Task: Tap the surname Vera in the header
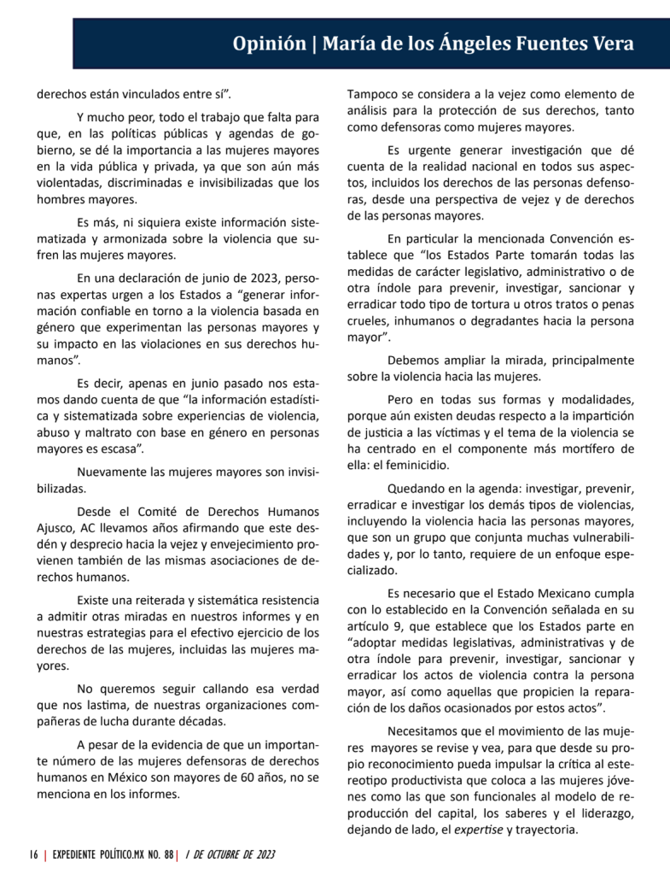click(611, 44)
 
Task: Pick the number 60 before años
click(247, 777)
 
